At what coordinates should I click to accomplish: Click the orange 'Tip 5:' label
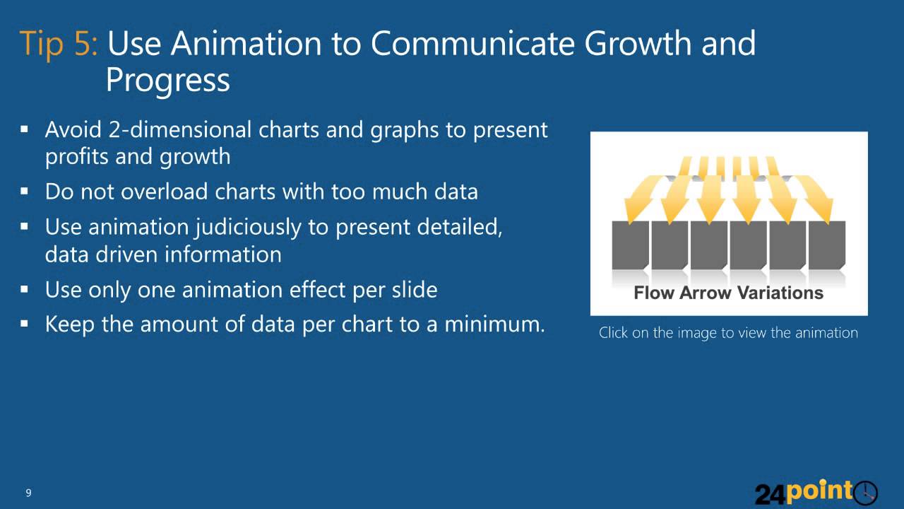pos(60,44)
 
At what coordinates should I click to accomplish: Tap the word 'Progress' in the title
pos(167,80)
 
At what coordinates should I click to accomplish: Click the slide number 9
pos(28,493)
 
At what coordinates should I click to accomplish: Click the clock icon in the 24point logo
pos(865,492)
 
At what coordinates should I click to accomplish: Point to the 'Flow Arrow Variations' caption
pos(728,293)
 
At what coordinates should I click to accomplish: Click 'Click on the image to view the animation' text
pos(728,332)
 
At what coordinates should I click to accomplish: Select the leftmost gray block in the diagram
pos(630,245)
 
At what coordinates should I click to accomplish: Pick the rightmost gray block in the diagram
pos(826,245)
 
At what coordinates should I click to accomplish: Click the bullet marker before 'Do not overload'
pos(25,192)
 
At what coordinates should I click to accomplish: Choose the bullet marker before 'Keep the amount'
pos(25,324)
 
